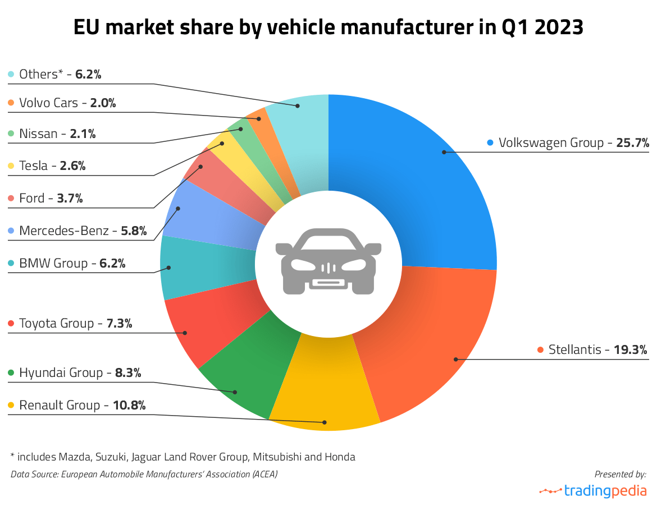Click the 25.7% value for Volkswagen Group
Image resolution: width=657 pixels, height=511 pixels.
[x=633, y=143]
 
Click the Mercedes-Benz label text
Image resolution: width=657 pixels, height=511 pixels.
[x=63, y=231]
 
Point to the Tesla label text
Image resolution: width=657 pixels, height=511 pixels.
[x=34, y=166]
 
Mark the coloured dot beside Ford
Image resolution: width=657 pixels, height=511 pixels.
[x=11, y=199]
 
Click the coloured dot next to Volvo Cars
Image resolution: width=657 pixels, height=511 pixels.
[x=11, y=103]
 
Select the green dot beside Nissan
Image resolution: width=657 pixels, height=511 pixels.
[x=11, y=134]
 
